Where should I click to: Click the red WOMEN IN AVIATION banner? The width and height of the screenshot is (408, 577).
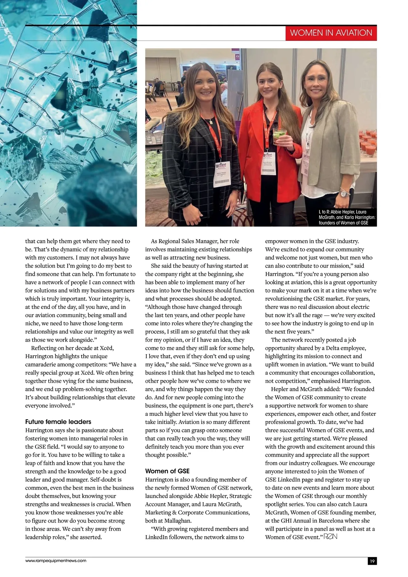tap(331, 33)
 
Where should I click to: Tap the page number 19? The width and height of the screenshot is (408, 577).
tap(372, 561)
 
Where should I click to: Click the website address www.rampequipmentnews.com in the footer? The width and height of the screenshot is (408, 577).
tap(56, 560)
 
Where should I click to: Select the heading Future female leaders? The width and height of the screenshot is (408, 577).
tap(58, 422)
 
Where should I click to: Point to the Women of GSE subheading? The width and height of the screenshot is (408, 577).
tap(167, 471)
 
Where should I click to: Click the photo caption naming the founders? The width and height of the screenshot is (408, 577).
tap(347, 217)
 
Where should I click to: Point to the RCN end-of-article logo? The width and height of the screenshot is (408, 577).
tap(330, 537)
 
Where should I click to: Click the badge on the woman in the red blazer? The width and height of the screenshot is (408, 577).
tap(268, 163)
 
